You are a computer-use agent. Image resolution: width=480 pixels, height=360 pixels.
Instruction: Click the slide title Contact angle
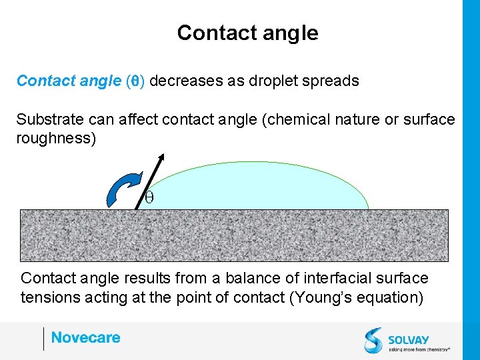click(247, 33)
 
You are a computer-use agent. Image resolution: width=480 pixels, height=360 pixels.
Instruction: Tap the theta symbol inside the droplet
click(149, 197)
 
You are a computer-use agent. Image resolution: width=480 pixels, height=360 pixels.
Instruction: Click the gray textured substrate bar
click(233, 235)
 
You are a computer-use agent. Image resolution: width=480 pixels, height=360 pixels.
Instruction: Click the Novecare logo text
click(85, 338)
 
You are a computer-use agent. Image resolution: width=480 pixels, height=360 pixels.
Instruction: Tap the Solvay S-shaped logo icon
click(373, 339)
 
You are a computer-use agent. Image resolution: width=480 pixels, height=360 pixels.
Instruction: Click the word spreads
click(335, 81)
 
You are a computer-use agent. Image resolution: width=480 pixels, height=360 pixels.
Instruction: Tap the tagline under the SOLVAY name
click(419, 348)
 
